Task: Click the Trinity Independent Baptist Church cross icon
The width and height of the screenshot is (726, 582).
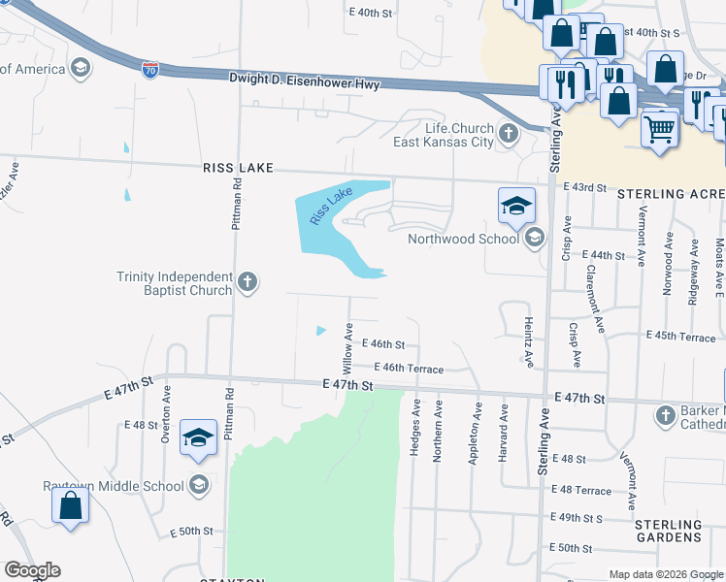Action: click(x=247, y=282)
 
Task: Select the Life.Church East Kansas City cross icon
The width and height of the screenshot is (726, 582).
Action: click(x=508, y=131)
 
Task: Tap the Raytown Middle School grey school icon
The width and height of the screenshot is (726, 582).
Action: click(x=199, y=485)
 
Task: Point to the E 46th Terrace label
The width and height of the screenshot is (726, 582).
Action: click(x=410, y=369)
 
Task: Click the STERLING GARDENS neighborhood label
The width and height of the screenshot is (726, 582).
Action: click(x=668, y=531)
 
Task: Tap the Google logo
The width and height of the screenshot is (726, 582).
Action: click(x=32, y=570)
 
